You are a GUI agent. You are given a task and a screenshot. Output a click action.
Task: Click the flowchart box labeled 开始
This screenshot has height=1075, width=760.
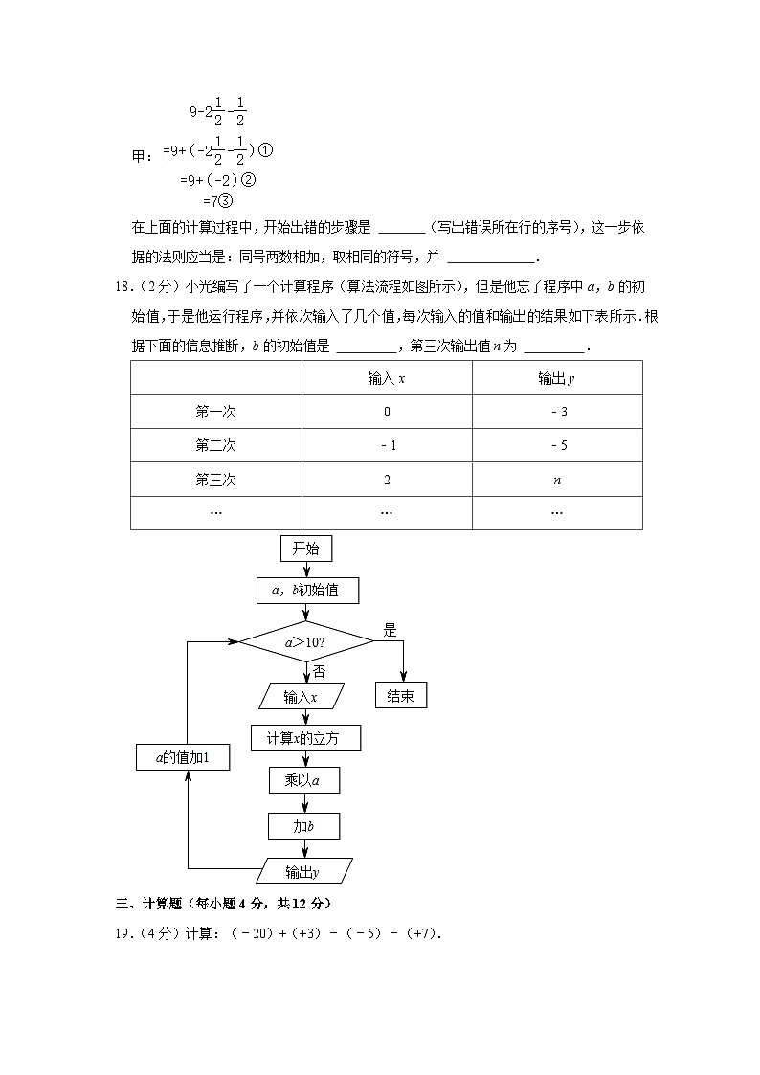click(x=305, y=549)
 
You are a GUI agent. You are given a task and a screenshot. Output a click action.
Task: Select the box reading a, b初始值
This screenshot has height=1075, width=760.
click(x=305, y=591)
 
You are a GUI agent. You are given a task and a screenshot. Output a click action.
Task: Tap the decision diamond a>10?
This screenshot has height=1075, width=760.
click(x=305, y=642)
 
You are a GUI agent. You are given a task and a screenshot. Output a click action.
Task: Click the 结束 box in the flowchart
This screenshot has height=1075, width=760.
click(x=400, y=696)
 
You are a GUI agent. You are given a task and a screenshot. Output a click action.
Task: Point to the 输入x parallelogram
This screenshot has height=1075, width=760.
click(x=301, y=697)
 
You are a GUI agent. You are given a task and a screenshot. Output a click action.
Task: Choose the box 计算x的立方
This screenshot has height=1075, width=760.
click(x=305, y=738)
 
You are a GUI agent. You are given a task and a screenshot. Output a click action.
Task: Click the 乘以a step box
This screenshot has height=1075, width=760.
click(x=305, y=781)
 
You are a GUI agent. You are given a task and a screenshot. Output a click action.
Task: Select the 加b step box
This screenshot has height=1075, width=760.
click(x=305, y=825)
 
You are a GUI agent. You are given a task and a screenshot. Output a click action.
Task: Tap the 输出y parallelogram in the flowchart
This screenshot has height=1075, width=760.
click(x=305, y=871)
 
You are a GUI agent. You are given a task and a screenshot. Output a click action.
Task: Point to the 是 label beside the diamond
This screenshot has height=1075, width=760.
click(x=390, y=630)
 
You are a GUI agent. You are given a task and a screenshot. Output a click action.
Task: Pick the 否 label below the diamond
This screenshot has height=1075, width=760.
click(x=319, y=671)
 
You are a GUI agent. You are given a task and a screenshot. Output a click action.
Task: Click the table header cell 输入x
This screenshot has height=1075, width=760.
click(x=387, y=378)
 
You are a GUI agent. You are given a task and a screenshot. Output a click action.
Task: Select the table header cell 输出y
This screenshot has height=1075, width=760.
click(x=556, y=378)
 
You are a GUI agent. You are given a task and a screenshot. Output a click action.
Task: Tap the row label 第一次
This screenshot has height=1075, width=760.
click(x=215, y=412)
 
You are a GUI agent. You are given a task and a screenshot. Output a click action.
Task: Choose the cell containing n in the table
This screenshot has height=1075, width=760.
click(x=557, y=480)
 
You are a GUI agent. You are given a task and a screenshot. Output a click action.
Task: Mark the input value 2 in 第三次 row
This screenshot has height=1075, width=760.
click(x=387, y=480)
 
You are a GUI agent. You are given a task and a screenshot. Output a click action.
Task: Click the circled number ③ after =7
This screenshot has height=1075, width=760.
click(x=227, y=201)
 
